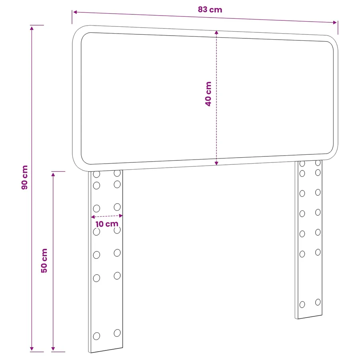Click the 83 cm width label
pos(210,10)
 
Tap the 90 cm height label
pos(24,177)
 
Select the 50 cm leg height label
pos(44,260)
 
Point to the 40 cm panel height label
pos(208,94)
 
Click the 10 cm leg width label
pos(107,224)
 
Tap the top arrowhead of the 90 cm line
pos(32,28)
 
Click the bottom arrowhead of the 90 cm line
pos(32,349)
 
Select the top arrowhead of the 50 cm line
pos(53,174)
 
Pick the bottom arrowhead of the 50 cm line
pos(53,349)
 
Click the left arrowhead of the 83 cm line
pos(75,12)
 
